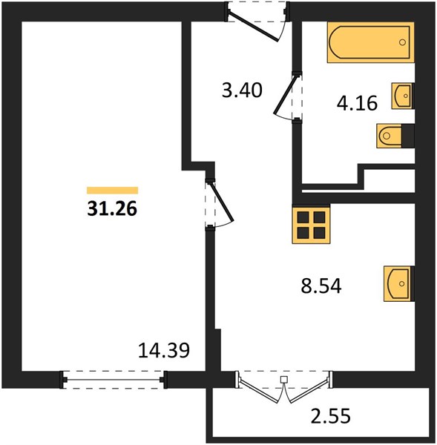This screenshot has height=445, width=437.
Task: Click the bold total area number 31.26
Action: tap(112, 208)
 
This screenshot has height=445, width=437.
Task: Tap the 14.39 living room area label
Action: tap(164, 350)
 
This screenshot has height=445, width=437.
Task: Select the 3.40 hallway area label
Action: tap(242, 90)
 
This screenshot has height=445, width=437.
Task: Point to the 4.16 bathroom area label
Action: tap(357, 103)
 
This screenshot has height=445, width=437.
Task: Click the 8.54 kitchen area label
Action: tap(321, 286)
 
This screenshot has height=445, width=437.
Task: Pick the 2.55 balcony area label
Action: tap(331, 416)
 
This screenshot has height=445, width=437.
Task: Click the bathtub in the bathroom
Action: tap(370, 42)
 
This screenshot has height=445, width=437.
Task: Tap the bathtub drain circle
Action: tap(402, 42)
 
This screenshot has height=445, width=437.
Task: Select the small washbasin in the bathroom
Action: tap(403, 96)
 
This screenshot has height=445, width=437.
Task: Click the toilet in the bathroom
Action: tap(389, 136)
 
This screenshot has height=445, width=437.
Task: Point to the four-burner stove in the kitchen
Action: tap(311, 224)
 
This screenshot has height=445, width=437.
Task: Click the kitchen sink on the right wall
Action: tap(398, 283)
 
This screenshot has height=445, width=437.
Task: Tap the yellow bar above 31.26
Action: tap(113, 191)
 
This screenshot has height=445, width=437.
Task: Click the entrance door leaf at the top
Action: tap(254, 26)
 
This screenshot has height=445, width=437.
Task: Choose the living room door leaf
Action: tap(221, 201)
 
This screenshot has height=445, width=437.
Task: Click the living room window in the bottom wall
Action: tap(113, 380)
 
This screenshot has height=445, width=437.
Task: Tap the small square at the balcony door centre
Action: tap(283, 379)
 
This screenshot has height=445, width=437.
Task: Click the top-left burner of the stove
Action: tap(303, 217)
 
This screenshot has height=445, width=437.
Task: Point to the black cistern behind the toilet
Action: tap(408, 136)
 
